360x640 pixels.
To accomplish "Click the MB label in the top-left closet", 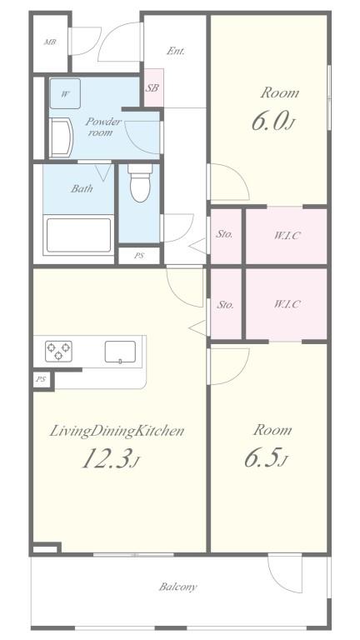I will [x=50, y=42].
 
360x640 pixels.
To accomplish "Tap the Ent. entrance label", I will [x=175, y=51].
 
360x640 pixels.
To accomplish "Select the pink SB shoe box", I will [x=153, y=88].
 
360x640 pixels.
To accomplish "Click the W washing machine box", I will [x=65, y=93].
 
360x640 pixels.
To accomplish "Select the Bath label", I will [x=81, y=188].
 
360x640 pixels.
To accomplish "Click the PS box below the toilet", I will [x=138, y=256].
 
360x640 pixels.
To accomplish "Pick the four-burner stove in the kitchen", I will [x=58, y=351].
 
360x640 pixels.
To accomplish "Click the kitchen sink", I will [x=120, y=352].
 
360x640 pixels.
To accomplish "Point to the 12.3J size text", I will [x=107, y=459].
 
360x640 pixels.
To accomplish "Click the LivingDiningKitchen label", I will [x=116, y=431].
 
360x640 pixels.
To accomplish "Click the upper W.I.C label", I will [x=286, y=235].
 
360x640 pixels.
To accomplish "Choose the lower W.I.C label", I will [x=286, y=304].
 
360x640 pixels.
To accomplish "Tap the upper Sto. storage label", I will [x=224, y=234].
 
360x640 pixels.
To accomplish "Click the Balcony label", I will [x=178, y=587].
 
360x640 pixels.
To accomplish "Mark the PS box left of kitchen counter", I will [x=42, y=379].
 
